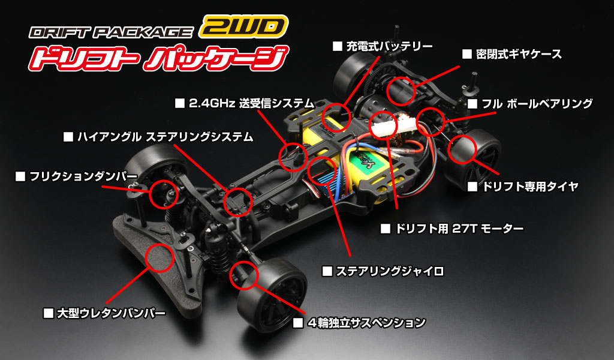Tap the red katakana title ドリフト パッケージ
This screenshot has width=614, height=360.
(158, 60)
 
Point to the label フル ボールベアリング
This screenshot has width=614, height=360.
(537, 104)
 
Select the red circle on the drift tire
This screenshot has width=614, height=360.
(463, 149)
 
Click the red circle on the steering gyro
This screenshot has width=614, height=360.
(323, 170)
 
